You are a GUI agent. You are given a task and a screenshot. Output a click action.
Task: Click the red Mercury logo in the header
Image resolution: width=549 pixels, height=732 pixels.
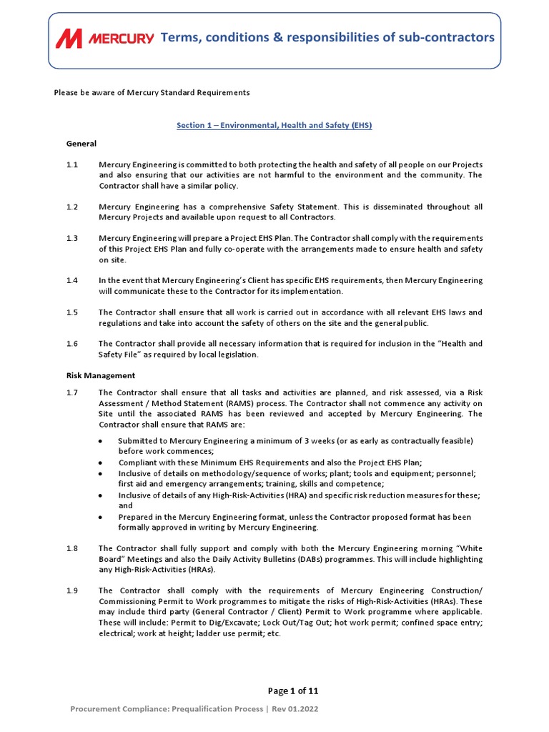(x=104, y=38)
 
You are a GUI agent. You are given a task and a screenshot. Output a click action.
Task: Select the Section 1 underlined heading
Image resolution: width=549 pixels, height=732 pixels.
(x=274, y=125)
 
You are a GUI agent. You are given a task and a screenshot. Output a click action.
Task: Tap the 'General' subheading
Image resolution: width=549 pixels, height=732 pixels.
(x=81, y=144)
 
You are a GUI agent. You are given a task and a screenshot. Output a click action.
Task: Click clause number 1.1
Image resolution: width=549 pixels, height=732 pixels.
(x=72, y=165)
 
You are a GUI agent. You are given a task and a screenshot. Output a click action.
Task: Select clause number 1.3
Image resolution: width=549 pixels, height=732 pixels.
(x=72, y=238)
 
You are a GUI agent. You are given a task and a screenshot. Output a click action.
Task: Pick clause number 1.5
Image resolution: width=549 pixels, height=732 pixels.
(x=72, y=312)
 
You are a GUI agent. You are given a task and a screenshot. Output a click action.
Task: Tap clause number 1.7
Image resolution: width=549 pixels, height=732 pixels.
(x=72, y=392)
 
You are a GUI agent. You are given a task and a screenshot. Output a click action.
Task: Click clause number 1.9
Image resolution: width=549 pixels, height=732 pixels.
(x=72, y=590)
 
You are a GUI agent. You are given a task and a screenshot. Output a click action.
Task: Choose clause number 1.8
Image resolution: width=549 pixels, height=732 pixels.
(x=72, y=548)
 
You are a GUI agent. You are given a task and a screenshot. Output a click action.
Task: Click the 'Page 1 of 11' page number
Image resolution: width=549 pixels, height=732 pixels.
(x=293, y=691)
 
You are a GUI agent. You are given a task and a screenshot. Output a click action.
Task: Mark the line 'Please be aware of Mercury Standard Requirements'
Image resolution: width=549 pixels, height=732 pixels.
(x=152, y=93)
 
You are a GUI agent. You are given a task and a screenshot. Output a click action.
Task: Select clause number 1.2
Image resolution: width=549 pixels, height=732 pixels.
(x=72, y=207)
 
